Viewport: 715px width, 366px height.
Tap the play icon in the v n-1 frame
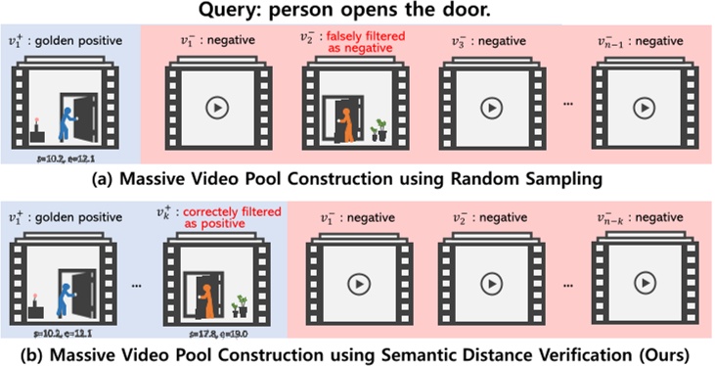click(642, 108)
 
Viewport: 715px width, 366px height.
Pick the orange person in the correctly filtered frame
click(209, 293)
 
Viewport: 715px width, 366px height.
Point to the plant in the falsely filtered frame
click(380, 129)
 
